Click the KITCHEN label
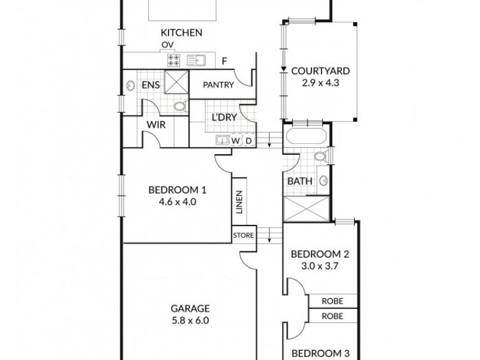click(181, 33)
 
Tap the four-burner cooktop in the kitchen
click(174, 59)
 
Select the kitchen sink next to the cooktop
click(197, 59)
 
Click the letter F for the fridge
click(224, 60)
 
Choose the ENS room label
click(151, 85)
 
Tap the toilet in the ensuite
click(179, 106)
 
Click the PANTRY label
click(218, 85)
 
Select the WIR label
click(156, 125)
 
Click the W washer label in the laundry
click(236, 140)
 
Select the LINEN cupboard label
click(239, 202)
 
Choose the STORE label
click(244, 235)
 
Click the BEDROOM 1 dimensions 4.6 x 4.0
click(178, 202)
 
